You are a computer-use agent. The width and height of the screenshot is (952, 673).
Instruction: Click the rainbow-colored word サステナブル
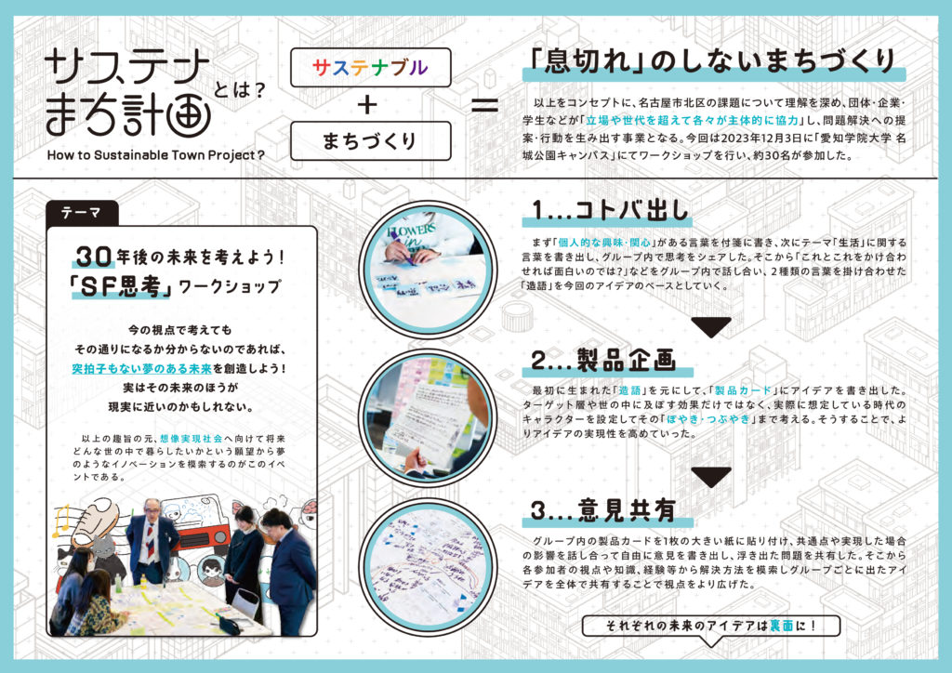tap(370, 67)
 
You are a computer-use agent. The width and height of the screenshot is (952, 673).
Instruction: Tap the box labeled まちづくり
tap(370, 140)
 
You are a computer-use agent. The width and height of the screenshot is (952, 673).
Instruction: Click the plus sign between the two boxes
tap(367, 105)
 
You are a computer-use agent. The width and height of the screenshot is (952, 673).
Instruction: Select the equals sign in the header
tap(484, 106)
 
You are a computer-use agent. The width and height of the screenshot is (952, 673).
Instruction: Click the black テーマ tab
tap(82, 213)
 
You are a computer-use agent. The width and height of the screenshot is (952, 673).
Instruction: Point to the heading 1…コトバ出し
tap(610, 210)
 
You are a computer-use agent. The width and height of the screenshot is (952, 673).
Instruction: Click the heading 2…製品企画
tap(603, 360)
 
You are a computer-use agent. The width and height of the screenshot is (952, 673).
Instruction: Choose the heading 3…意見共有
tap(603, 509)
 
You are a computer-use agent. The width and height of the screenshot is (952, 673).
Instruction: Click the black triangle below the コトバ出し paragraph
tap(711, 326)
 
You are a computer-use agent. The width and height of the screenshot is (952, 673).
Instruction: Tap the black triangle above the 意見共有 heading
tap(711, 476)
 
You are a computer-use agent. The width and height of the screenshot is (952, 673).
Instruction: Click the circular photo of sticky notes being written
tap(428, 270)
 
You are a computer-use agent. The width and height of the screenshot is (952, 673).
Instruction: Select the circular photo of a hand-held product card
tap(428, 418)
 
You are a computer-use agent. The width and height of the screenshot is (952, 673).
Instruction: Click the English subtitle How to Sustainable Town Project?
tap(156, 155)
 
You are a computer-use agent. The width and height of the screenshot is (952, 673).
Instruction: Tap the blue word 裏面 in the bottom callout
tap(781, 626)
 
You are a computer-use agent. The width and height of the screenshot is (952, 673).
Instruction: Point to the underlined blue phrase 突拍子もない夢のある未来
tap(142, 368)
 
